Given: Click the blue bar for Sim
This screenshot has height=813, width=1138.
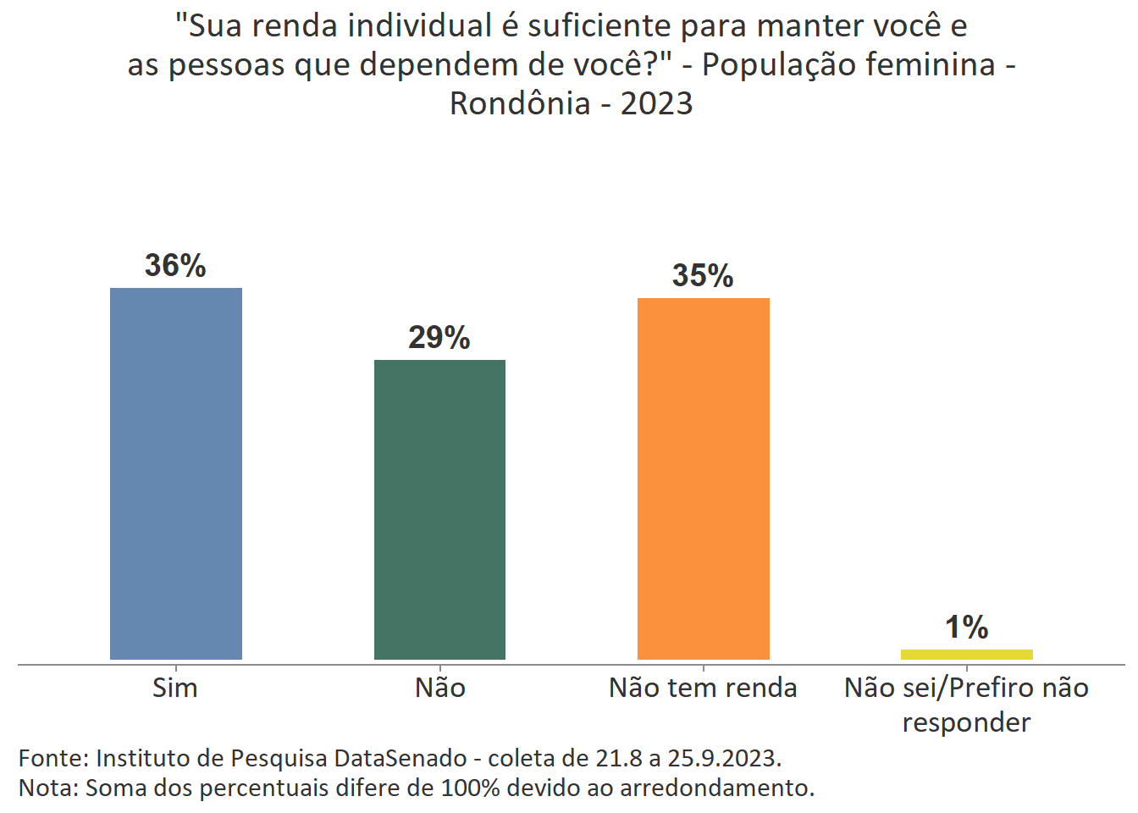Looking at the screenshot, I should coord(176,473).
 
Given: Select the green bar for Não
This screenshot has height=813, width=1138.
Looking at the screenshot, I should coord(439,509).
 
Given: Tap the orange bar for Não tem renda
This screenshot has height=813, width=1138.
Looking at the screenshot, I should coord(703,478).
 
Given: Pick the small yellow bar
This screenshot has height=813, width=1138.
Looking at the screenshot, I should coord(966,654).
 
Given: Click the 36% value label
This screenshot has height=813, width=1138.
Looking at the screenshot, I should coord(175,266).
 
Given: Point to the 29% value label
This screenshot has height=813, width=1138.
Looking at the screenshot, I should coord(439,338).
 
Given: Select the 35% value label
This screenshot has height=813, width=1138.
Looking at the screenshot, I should coord(703,276).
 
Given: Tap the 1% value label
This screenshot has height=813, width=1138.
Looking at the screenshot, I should coord(966,628).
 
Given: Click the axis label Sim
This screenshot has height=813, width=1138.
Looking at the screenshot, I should coord(175,688).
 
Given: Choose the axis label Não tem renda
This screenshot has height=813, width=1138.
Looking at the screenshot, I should coord(703,688).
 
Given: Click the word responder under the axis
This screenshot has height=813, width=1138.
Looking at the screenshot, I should coord(966,722).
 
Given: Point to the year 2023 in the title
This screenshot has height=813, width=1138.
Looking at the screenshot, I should coord(656,103).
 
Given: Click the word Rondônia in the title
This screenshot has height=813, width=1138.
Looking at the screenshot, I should coord(520,103).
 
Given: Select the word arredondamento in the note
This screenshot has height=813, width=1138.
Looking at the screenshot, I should coord(716,788).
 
